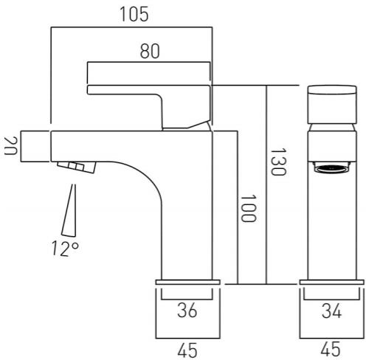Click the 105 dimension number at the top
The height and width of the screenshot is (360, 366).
point(134,14)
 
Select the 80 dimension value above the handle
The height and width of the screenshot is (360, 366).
point(150,51)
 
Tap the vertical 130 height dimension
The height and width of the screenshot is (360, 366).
point(278,162)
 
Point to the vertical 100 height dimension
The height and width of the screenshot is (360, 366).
point(249,209)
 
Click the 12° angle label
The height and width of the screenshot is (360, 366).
point(66,249)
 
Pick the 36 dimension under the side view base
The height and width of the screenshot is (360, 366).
point(187,311)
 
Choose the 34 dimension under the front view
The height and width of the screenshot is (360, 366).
point(331,311)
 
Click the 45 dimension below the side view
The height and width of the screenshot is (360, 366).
point(187,350)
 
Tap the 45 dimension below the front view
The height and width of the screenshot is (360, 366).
point(331,349)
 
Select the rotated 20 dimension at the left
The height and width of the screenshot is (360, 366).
point(11,145)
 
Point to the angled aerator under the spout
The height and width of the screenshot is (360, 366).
point(77,167)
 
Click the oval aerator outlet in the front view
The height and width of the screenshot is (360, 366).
point(331,169)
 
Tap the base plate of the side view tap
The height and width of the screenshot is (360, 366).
point(187,282)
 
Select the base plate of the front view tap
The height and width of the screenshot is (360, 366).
point(331,282)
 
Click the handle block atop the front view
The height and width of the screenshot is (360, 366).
point(332,105)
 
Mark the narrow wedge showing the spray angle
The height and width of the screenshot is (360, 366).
point(69,210)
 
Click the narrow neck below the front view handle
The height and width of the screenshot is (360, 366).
point(332,128)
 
